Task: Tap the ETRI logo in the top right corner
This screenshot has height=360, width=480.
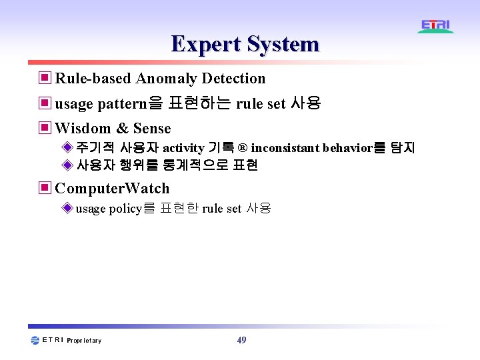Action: point(436,26)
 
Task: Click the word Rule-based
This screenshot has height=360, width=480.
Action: point(93,79)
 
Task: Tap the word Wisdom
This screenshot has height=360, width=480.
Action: point(82,128)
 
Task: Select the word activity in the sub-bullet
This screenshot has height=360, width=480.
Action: point(183,148)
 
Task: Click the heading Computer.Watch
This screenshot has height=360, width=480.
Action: point(112,188)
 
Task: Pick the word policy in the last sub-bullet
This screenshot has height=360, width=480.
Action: point(125,209)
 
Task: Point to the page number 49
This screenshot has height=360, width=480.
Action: point(241,340)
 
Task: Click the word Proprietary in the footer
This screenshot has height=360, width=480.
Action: point(84,341)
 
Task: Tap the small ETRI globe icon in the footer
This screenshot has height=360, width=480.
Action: point(35,340)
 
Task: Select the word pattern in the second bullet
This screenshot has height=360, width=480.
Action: point(123,104)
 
